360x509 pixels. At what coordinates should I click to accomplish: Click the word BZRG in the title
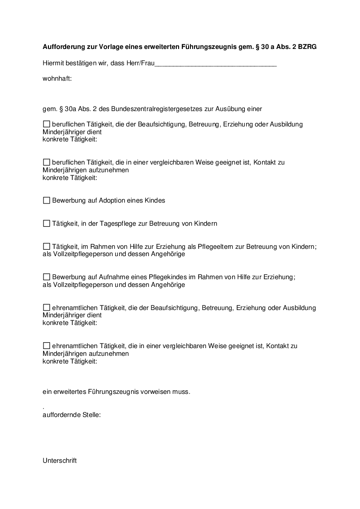307,46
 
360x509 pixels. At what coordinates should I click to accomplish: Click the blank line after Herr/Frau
215,64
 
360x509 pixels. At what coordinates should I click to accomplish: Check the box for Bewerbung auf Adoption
46,200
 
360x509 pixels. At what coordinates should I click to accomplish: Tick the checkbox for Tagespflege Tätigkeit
46,223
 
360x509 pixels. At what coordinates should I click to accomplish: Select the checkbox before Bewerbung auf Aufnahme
46,277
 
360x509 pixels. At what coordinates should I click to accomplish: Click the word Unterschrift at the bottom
60,461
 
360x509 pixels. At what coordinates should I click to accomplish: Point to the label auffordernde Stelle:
72,414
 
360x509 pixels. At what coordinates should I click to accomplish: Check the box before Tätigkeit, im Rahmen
46,246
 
